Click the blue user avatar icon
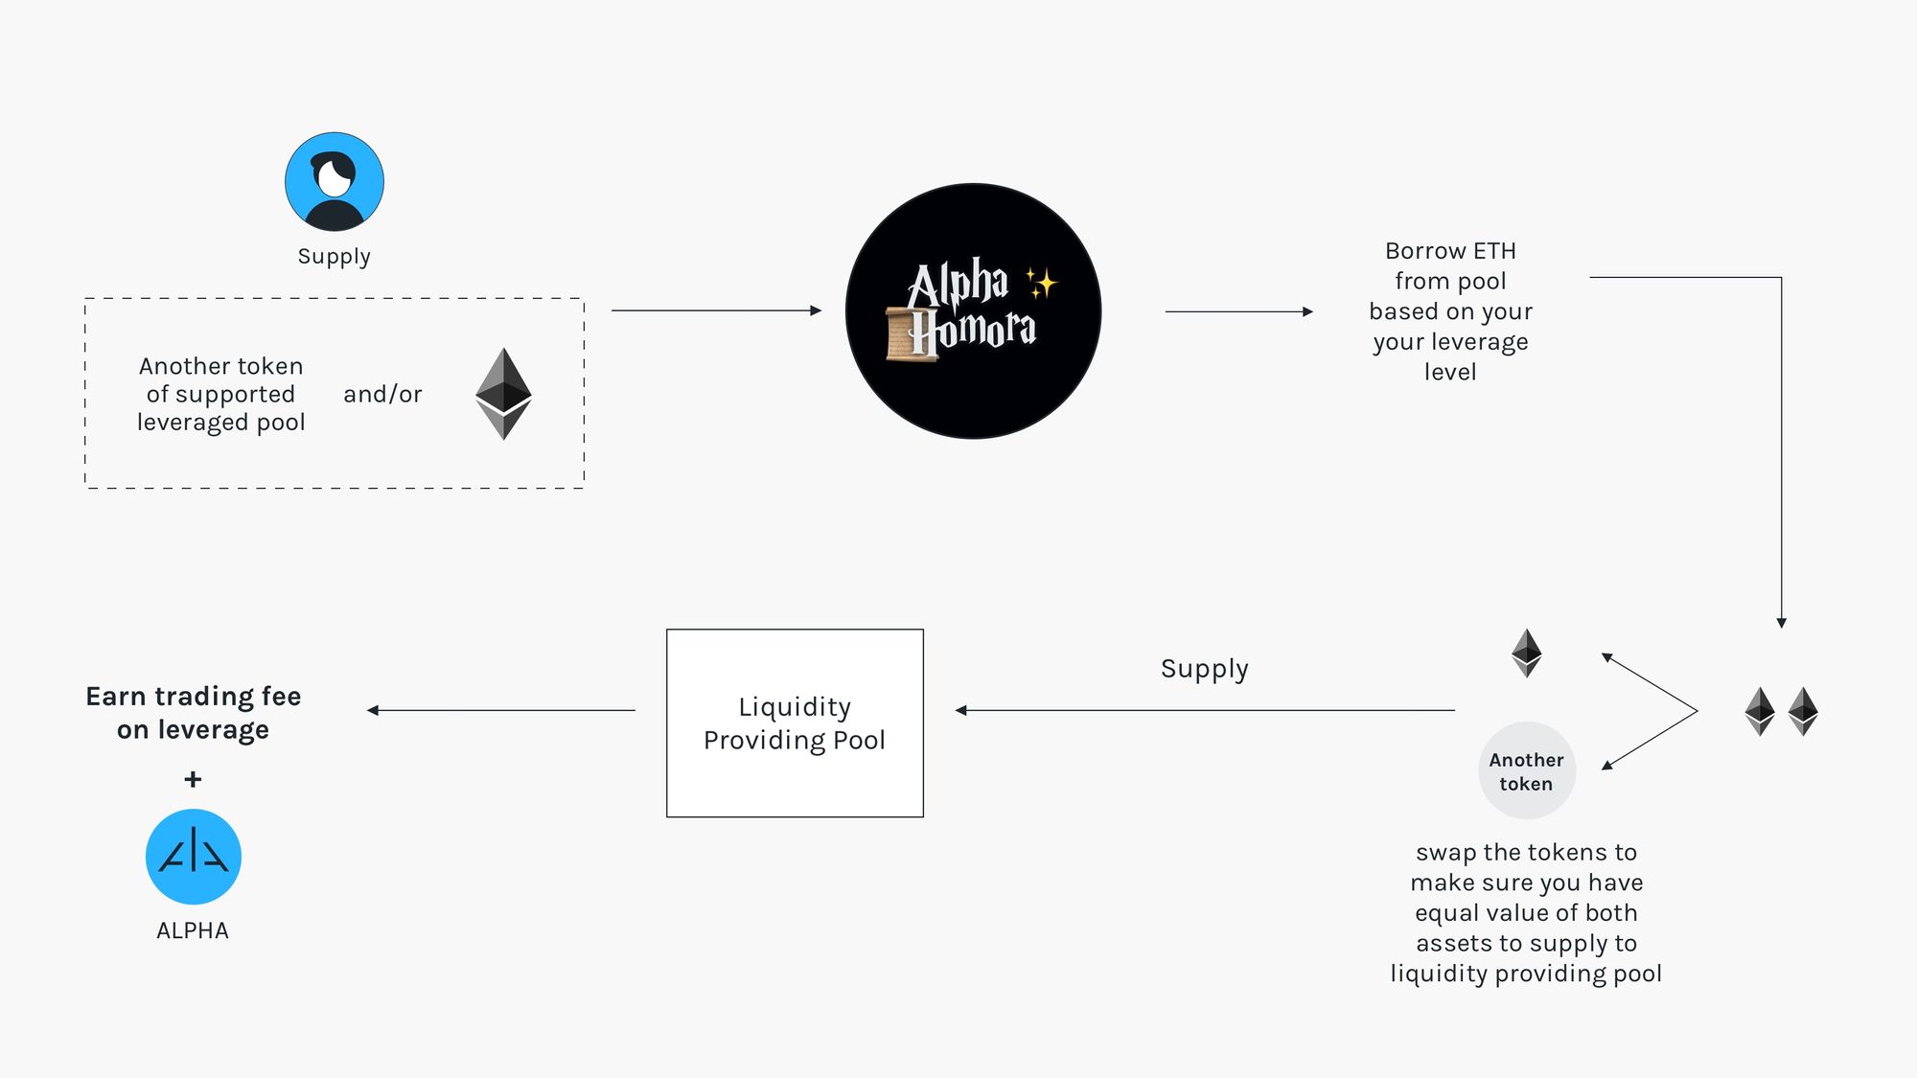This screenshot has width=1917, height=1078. (x=335, y=182)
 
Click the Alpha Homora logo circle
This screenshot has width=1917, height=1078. (x=973, y=311)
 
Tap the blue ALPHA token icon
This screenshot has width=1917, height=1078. (x=194, y=857)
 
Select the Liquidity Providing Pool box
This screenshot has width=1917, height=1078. (x=795, y=723)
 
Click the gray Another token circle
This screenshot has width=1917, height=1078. (x=1527, y=770)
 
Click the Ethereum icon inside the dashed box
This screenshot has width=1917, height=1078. (x=503, y=394)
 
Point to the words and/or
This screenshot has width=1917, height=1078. (x=382, y=394)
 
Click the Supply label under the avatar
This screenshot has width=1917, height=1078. (x=334, y=257)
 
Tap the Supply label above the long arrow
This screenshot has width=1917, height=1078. (x=1205, y=669)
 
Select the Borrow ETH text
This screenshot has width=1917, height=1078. (x=1450, y=251)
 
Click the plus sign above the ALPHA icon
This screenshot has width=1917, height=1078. (x=193, y=779)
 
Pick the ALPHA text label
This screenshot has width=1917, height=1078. (x=193, y=930)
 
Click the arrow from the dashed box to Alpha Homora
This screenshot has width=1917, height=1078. (x=717, y=310)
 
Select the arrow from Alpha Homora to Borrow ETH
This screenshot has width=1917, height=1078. (x=1239, y=311)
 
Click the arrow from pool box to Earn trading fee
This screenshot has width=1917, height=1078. (x=501, y=710)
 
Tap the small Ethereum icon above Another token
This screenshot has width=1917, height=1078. (x=1527, y=653)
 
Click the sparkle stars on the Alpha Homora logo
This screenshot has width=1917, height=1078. (x=1041, y=283)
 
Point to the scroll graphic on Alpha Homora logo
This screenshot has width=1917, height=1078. (x=911, y=334)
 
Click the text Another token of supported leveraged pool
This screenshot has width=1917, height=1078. (x=221, y=394)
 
